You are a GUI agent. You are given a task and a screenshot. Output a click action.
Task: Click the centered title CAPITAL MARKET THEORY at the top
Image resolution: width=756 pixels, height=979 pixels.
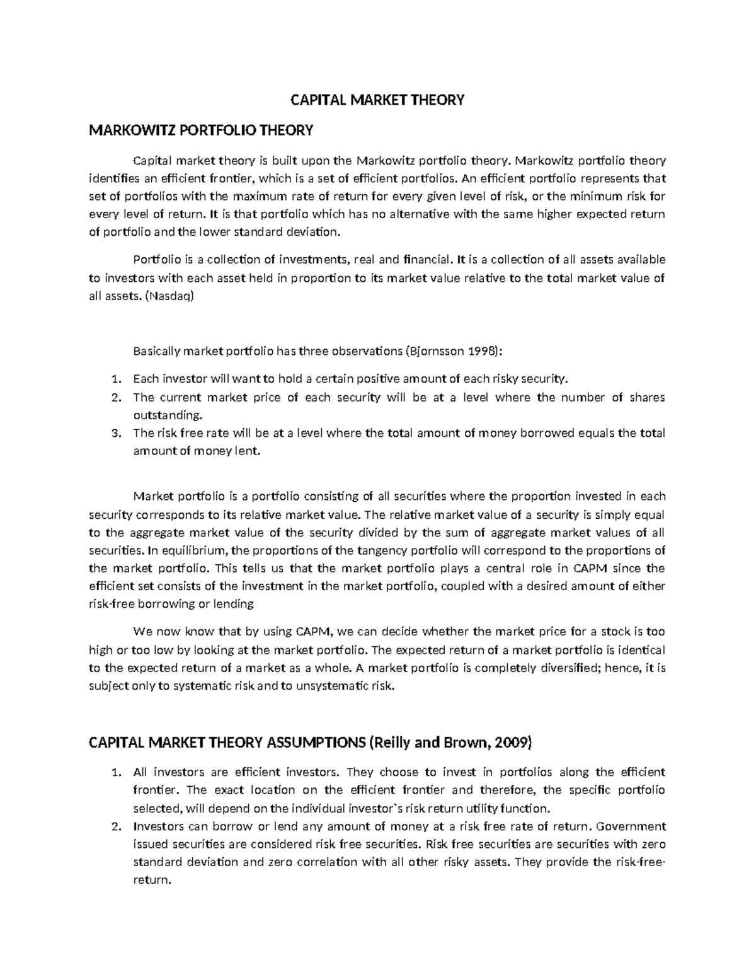[x=377, y=100]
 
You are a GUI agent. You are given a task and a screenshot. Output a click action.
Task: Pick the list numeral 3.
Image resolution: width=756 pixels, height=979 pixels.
[x=114, y=433]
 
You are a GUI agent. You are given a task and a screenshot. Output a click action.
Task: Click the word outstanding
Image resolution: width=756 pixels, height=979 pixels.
[x=160, y=415]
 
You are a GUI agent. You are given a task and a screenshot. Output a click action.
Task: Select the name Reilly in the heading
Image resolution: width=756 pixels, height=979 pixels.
[x=392, y=744]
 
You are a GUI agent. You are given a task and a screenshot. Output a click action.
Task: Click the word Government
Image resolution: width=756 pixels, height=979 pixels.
[x=631, y=826]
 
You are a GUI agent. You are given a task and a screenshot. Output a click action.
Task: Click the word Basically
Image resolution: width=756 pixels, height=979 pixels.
[x=156, y=351]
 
